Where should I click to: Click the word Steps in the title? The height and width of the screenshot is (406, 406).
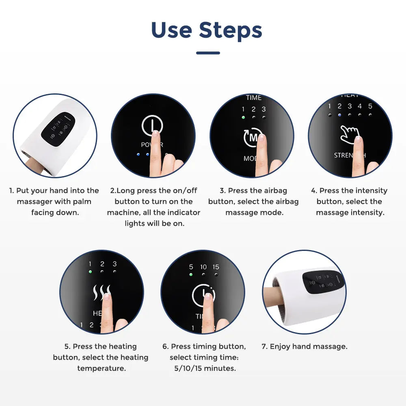230,30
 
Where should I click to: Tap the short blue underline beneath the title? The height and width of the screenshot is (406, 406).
208,53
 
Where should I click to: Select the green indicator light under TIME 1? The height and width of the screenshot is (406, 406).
243,117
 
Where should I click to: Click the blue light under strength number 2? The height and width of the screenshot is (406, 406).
339,115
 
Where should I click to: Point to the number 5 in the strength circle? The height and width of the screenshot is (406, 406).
370,106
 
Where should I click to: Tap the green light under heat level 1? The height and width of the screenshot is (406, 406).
90,272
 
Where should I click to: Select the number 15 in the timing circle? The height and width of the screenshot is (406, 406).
216,267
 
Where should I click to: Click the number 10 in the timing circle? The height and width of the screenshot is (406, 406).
203,267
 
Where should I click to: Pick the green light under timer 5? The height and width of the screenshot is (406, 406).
191,274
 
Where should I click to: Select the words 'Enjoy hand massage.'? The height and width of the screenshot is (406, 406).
309,346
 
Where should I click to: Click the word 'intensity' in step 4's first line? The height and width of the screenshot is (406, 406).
371,190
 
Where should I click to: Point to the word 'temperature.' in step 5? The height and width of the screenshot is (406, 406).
101,368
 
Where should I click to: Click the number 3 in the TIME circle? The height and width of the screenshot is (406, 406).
263,109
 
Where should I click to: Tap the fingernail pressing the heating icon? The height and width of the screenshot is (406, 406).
106,296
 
